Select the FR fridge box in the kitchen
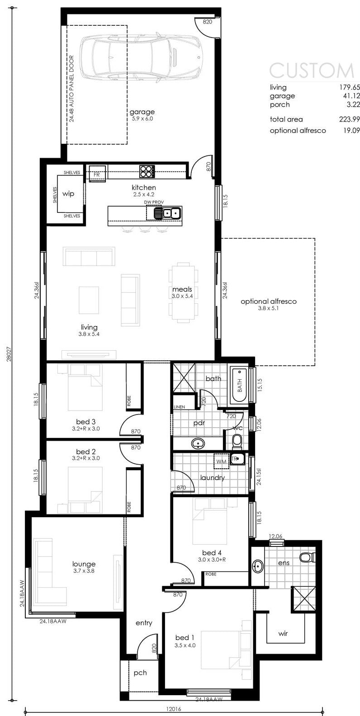tap(97, 174)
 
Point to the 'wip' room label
tap(68, 194)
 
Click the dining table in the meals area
tap(183, 291)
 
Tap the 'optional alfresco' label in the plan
tap(269, 301)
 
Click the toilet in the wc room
tap(237, 442)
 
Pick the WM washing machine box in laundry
tap(221, 461)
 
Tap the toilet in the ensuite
tap(308, 557)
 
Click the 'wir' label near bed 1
tap(283, 633)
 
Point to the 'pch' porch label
tap(140, 673)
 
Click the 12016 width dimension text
tap(174, 709)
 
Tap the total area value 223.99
tap(350, 119)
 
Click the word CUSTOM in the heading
tap(312, 71)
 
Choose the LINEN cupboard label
tap(180, 407)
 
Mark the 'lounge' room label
tap(84, 564)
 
